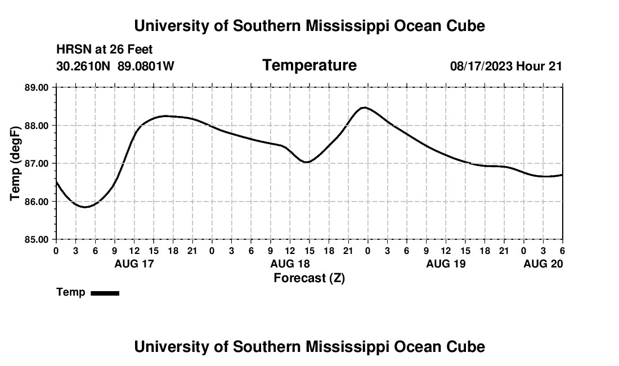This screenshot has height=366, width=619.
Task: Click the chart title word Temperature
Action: [309, 65]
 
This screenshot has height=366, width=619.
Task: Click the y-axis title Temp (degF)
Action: [16, 163]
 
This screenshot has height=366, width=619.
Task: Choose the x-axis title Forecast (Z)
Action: [309, 278]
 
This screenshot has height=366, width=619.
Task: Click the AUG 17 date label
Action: [134, 264]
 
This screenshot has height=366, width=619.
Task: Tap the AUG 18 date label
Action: [290, 264]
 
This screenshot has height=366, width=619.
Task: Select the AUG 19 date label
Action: [446, 264]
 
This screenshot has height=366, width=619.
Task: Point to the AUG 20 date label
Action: [543, 264]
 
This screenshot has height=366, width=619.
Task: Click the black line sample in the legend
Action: [105, 293]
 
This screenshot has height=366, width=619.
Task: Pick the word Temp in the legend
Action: [71, 292]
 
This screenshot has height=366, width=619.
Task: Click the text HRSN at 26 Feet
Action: [105, 50]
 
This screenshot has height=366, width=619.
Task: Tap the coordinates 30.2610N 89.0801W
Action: [115, 66]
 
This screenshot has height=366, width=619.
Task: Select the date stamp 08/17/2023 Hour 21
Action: [506, 66]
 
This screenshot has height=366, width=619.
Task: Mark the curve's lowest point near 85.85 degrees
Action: [85, 207]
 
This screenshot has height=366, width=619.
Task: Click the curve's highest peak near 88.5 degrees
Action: [365, 108]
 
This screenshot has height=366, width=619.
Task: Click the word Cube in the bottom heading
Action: [469, 347]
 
